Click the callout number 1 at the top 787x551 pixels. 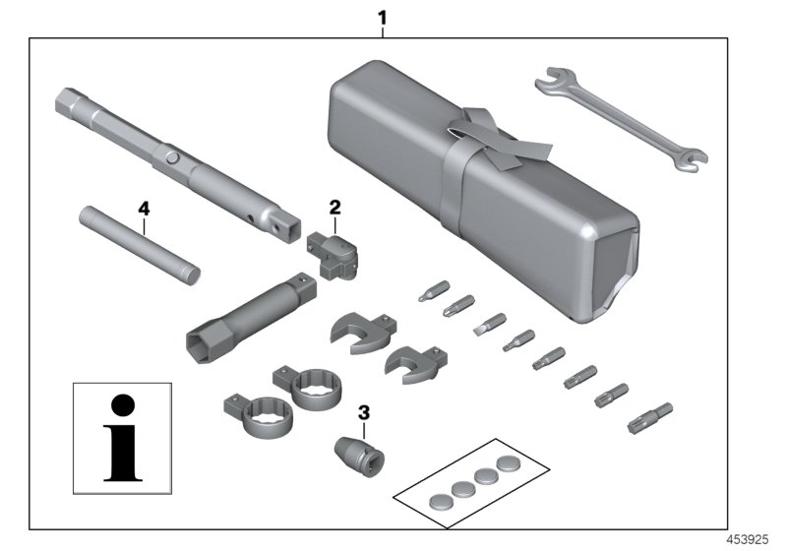(383, 17)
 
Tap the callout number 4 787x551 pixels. (144, 209)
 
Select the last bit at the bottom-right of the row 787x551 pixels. (649, 416)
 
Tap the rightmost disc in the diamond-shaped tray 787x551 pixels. (510, 461)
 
